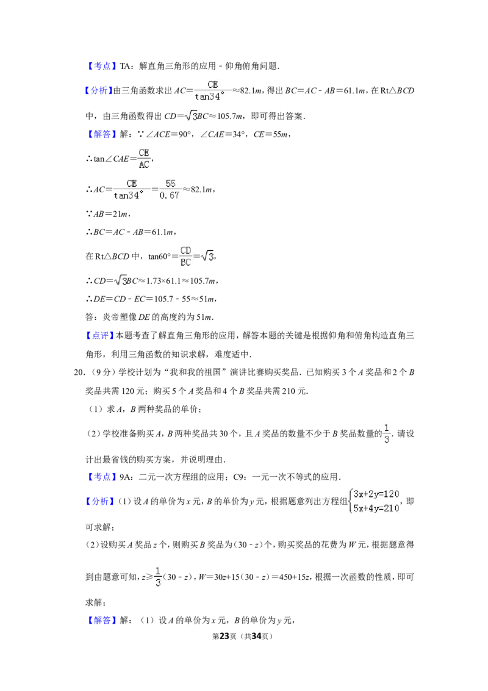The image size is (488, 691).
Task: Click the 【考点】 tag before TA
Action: click(x=101, y=66)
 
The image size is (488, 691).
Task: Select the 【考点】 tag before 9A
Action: click(x=101, y=477)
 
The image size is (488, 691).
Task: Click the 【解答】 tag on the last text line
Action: click(x=101, y=620)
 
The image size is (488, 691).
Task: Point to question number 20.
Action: click(x=79, y=372)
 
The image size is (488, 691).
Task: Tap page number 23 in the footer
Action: click(x=224, y=636)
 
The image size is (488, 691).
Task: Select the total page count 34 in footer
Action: click(x=256, y=636)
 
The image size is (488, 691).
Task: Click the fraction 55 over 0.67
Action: click(x=170, y=189)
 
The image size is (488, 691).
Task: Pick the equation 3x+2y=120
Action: click(x=376, y=494)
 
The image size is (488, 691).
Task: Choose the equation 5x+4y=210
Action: click(x=376, y=508)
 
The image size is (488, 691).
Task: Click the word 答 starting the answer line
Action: click(x=90, y=317)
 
